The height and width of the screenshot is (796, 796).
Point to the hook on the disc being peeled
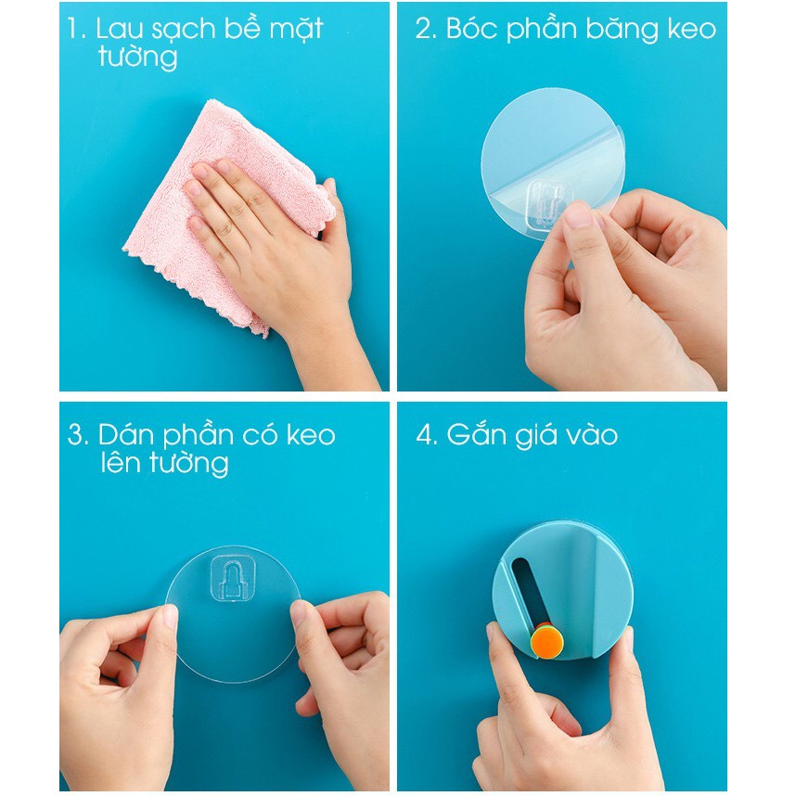[548, 199]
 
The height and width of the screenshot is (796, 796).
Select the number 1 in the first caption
[73, 29]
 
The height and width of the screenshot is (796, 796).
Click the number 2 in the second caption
[425, 29]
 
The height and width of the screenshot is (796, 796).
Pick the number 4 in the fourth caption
[426, 435]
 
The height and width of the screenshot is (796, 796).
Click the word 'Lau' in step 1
[120, 29]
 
